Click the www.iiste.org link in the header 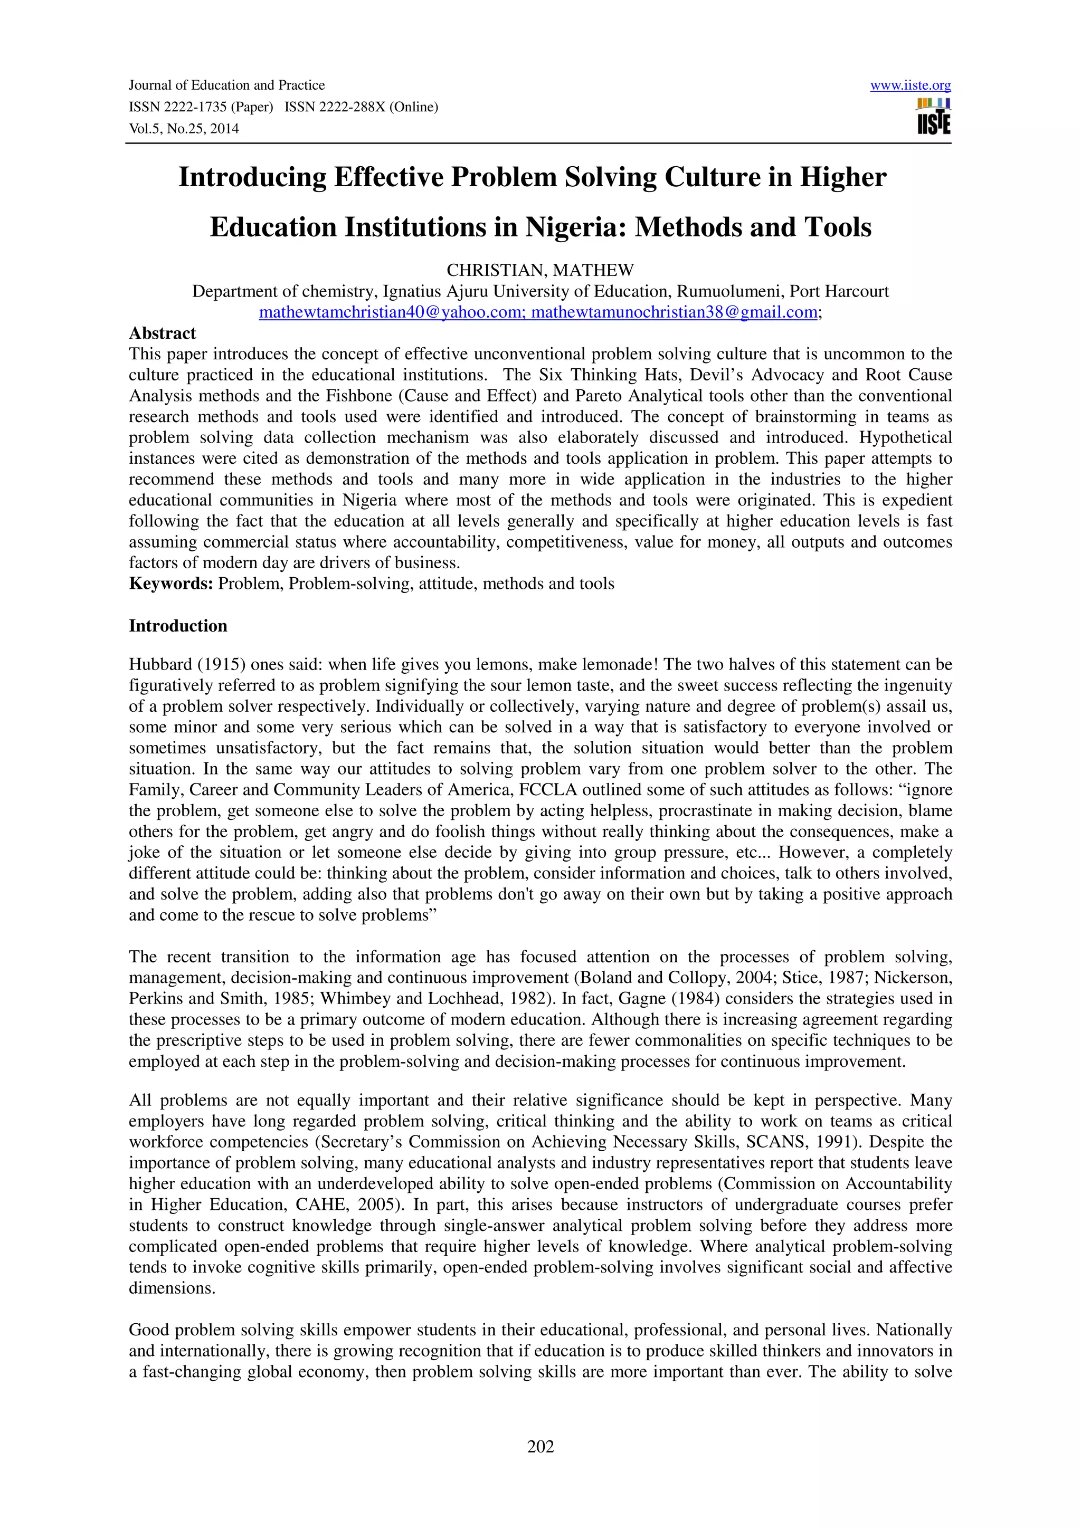[x=910, y=85]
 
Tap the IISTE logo [x=933, y=117]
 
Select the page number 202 [x=540, y=1446]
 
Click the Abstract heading [x=163, y=333]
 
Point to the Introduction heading [x=178, y=625]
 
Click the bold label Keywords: [x=170, y=584]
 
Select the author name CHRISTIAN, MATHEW [x=540, y=270]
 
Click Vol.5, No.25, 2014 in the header [x=184, y=129]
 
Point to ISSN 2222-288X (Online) [x=361, y=107]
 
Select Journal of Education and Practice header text [x=226, y=85]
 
